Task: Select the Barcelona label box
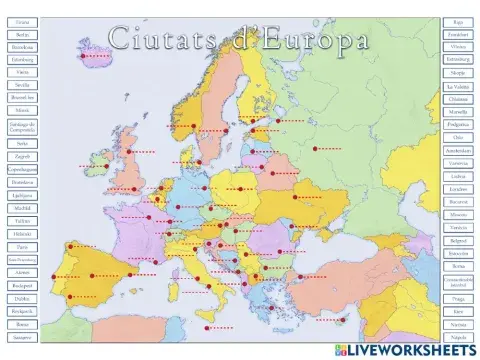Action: [x=22, y=47]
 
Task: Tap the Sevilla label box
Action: [x=22, y=85]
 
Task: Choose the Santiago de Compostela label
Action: [x=22, y=127]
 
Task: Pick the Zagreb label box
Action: [x=22, y=157]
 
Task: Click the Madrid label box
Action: [x=22, y=208]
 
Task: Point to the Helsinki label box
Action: [x=22, y=234]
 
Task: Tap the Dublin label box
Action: [x=22, y=298]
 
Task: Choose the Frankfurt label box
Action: [x=458, y=34]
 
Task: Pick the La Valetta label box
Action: [x=458, y=86]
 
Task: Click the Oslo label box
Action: [x=458, y=137]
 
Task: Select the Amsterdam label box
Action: [x=458, y=150]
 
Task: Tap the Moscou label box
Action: [x=458, y=214]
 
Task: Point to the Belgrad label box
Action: [x=458, y=240]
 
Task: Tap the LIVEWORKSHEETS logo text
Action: [x=412, y=349]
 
